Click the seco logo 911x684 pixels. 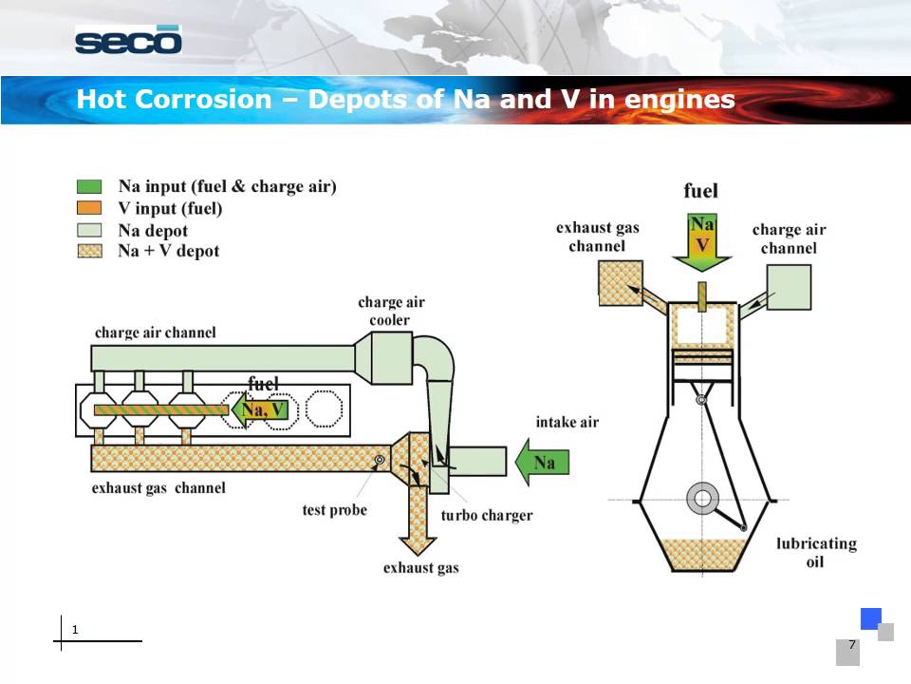(128, 41)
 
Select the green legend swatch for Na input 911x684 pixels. (89, 187)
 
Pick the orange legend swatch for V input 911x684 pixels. (89, 208)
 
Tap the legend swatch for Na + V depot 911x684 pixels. (89, 251)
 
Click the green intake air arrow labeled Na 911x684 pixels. (542, 463)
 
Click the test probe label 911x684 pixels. (334, 510)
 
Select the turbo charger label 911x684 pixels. (487, 516)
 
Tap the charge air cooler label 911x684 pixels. (391, 311)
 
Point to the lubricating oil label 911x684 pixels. (816, 552)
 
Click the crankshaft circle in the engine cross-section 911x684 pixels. (703, 498)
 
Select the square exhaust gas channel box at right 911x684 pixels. (620, 283)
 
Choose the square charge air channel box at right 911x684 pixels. (788, 287)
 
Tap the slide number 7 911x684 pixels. (851, 645)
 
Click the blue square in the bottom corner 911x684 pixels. (870, 618)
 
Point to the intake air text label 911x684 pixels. (567, 422)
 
